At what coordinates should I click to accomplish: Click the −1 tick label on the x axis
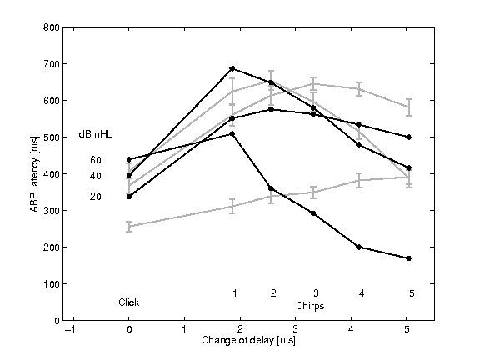point(73,330)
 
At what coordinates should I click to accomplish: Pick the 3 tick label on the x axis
point(314,330)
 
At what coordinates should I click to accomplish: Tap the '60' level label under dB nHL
point(96,160)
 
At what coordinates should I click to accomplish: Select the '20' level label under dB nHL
point(96,197)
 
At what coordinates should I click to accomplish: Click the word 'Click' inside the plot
point(128,302)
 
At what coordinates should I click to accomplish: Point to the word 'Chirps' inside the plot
point(310,307)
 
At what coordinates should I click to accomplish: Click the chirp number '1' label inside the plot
point(235,292)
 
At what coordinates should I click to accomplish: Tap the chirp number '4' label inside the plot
point(361,292)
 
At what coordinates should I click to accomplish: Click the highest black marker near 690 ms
point(232,68)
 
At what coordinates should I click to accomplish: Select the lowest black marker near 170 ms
point(408,258)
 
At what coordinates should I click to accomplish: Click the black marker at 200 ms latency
point(359,247)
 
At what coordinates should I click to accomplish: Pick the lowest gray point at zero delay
point(129,226)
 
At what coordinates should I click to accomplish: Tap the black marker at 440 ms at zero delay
point(129,159)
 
